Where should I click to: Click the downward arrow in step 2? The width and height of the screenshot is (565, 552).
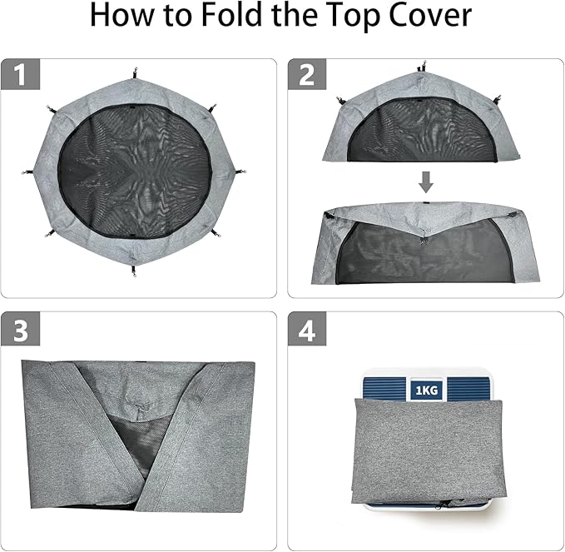(x=425, y=182)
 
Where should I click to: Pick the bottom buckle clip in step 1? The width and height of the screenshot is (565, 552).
(x=135, y=271)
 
